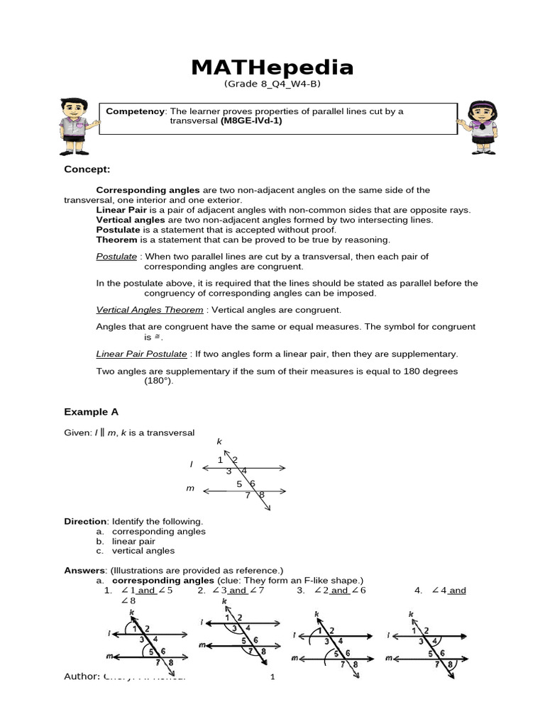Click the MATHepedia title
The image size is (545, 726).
(x=272, y=67)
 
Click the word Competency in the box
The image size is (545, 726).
(x=135, y=111)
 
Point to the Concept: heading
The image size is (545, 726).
(x=87, y=169)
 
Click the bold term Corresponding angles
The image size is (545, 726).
(x=148, y=190)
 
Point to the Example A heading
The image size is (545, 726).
(x=91, y=412)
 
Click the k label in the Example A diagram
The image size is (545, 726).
(x=219, y=442)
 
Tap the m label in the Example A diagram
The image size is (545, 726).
(x=190, y=488)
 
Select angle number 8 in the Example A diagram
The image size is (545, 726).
(x=261, y=495)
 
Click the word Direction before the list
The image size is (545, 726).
(x=85, y=521)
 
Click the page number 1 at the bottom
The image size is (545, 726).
(x=272, y=678)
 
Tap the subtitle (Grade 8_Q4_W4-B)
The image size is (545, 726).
(x=272, y=84)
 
